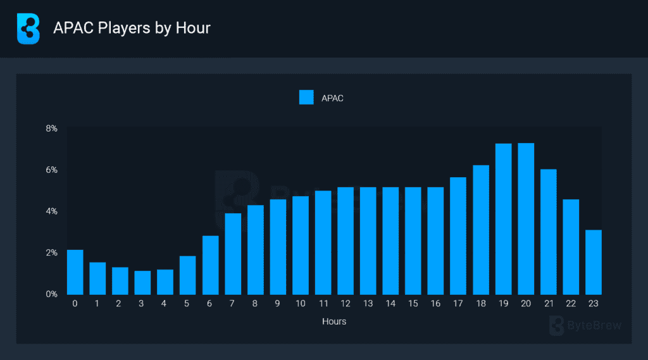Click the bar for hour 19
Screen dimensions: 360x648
(x=503, y=219)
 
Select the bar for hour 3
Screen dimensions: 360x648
(x=142, y=282)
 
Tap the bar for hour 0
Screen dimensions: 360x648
(x=75, y=272)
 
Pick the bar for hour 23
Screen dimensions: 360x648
(x=593, y=262)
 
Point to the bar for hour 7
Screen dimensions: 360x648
(x=233, y=254)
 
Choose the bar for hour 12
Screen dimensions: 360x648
(x=346, y=240)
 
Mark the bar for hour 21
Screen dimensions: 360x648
(x=548, y=232)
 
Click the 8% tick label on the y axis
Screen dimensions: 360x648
(x=51, y=128)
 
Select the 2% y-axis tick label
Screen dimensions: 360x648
(x=51, y=252)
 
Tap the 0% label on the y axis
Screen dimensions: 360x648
(x=51, y=294)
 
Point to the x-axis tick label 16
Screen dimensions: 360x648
(x=435, y=304)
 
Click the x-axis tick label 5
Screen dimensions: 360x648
(x=187, y=304)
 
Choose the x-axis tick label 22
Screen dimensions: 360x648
(x=571, y=304)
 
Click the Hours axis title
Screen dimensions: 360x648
(x=334, y=321)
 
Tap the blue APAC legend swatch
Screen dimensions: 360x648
(x=306, y=97)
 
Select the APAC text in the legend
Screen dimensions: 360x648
(x=332, y=98)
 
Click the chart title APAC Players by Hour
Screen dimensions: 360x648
(x=132, y=28)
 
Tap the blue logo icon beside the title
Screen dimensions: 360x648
(x=28, y=28)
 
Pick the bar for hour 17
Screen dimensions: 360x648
(x=458, y=235)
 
